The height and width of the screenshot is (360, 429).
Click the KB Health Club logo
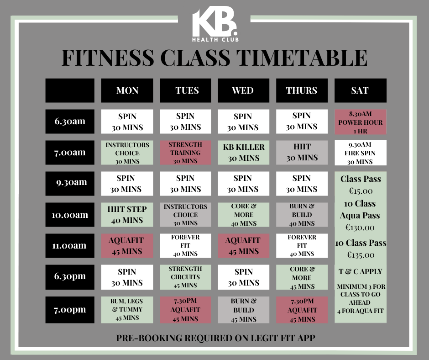(215, 24)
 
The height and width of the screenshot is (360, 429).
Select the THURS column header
(302, 90)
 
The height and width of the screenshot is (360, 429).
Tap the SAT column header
(361, 90)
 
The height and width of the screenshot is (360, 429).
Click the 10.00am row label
(70, 215)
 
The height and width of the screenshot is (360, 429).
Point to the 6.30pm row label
(70, 277)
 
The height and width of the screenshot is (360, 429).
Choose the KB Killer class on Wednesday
(244, 153)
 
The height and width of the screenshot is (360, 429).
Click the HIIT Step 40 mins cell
(127, 215)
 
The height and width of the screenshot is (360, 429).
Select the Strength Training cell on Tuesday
(185, 153)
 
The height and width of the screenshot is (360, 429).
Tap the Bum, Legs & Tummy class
(127, 310)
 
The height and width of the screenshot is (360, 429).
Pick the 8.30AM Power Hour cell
(361, 122)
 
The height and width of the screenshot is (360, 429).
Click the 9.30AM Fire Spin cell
(361, 153)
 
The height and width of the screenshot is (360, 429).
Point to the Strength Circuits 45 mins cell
(185, 277)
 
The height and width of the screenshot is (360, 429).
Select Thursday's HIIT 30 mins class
(302, 153)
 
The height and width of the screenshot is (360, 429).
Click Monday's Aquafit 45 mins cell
(127, 246)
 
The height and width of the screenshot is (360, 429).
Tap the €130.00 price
(360, 228)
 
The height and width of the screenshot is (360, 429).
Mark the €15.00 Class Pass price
(361, 191)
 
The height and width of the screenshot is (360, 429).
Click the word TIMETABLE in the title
(302, 58)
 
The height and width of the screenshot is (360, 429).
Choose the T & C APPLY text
(361, 271)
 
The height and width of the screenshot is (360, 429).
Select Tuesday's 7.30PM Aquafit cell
(185, 310)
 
